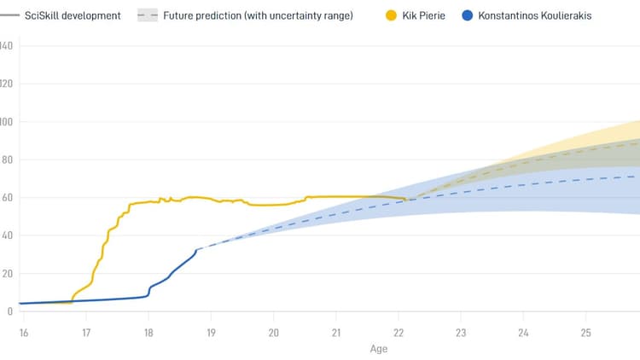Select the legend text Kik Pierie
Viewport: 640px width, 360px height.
tap(423, 15)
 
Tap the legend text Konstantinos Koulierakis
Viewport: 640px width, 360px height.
tap(535, 15)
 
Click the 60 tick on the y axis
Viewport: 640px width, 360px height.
tap(7, 198)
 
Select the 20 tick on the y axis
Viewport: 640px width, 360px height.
tap(7, 274)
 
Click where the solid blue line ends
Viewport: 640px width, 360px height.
tap(198, 249)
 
